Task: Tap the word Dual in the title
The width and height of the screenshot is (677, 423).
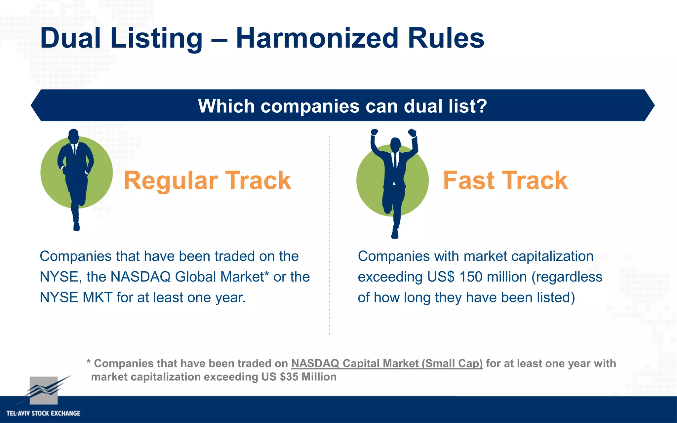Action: (70, 39)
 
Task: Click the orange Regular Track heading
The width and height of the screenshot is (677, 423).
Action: (207, 180)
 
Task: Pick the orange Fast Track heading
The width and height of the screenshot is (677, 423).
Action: (505, 180)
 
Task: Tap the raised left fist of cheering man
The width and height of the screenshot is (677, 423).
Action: (374, 132)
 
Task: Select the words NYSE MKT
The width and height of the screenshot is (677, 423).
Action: (76, 297)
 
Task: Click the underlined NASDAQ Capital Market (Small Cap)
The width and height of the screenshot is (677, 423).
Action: (387, 364)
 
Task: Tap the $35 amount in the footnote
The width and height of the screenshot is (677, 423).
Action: (289, 377)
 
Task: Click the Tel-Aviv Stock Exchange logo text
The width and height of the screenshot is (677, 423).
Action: (43, 413)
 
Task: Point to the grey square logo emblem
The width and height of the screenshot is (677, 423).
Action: (44, 390)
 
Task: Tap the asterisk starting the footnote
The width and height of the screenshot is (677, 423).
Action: (88, 362)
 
